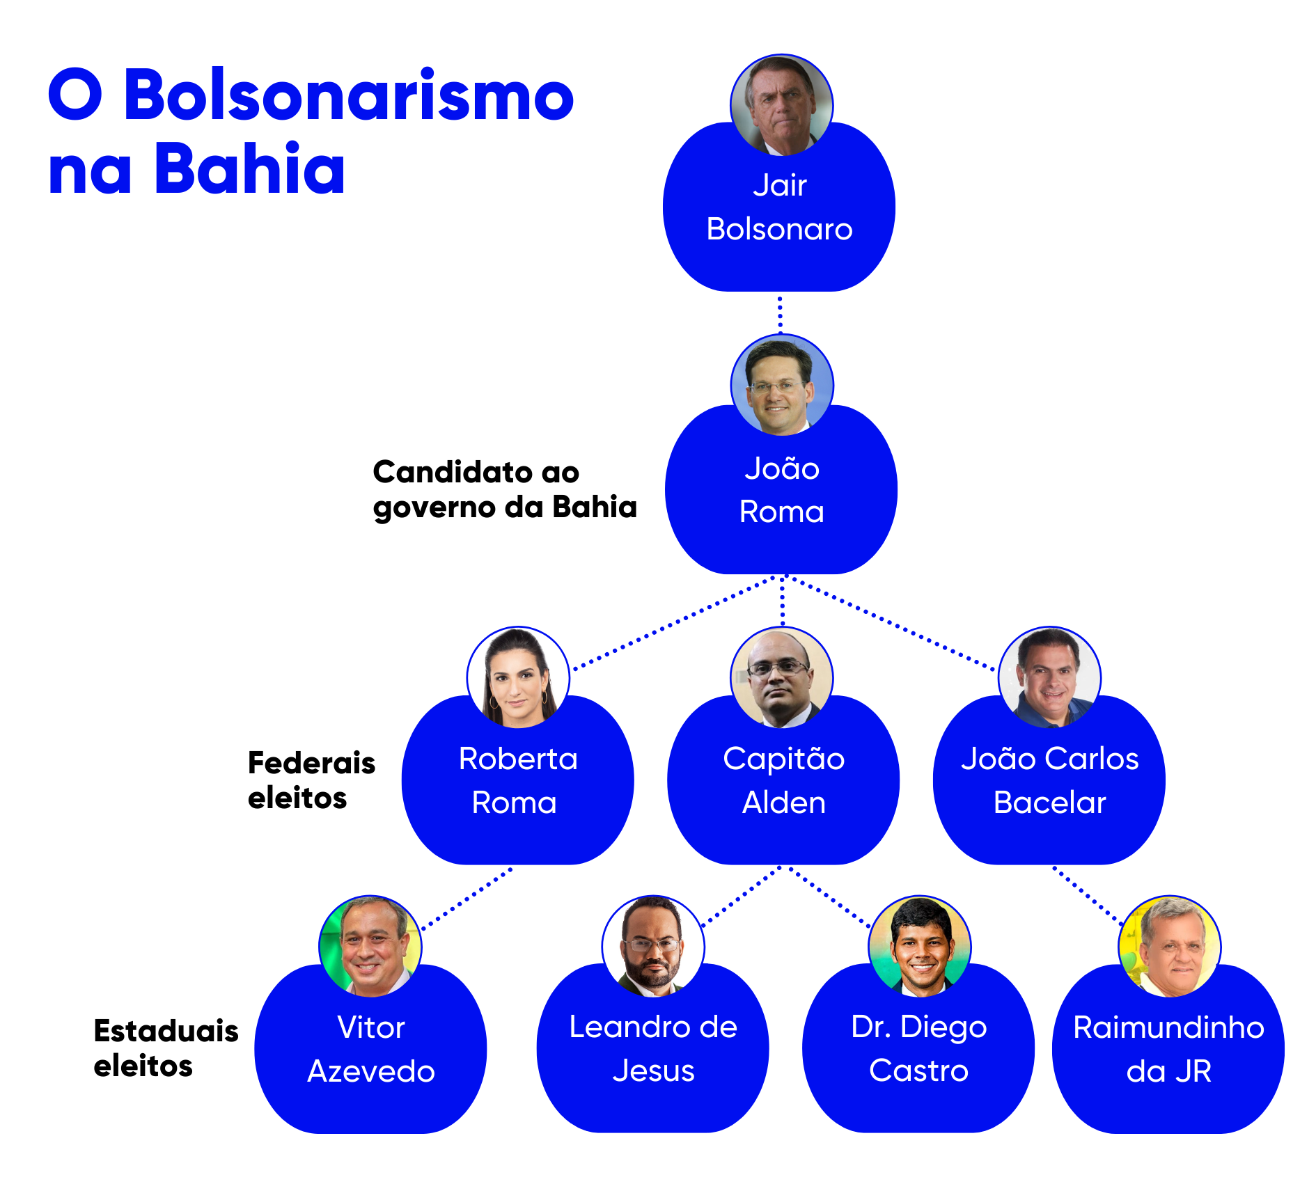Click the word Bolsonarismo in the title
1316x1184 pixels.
[349, 95]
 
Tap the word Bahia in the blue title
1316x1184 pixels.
[249, 168]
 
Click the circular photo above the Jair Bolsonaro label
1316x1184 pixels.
[781, 105]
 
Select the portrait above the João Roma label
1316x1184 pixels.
[782, 386]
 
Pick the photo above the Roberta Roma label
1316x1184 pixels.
[518, 678]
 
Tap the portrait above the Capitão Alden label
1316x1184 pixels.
[781, 678]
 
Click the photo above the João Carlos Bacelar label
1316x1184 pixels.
[1049, 678]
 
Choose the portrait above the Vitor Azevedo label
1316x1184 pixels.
[370, 947]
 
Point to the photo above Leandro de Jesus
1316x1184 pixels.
[653, 947]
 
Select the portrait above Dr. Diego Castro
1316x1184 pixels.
[920, 947]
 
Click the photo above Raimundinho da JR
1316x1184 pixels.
[1169, 947]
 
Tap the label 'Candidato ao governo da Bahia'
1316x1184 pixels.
[505, 489]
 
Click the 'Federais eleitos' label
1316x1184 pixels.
[311, 780]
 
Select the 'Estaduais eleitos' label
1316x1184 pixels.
[166, 1048]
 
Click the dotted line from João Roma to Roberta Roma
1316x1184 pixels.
[673, 624]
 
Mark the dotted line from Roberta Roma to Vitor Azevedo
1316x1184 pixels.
[467, 899]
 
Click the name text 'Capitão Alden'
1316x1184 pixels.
[783, 780]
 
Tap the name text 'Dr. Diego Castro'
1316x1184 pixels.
[919, 1048]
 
